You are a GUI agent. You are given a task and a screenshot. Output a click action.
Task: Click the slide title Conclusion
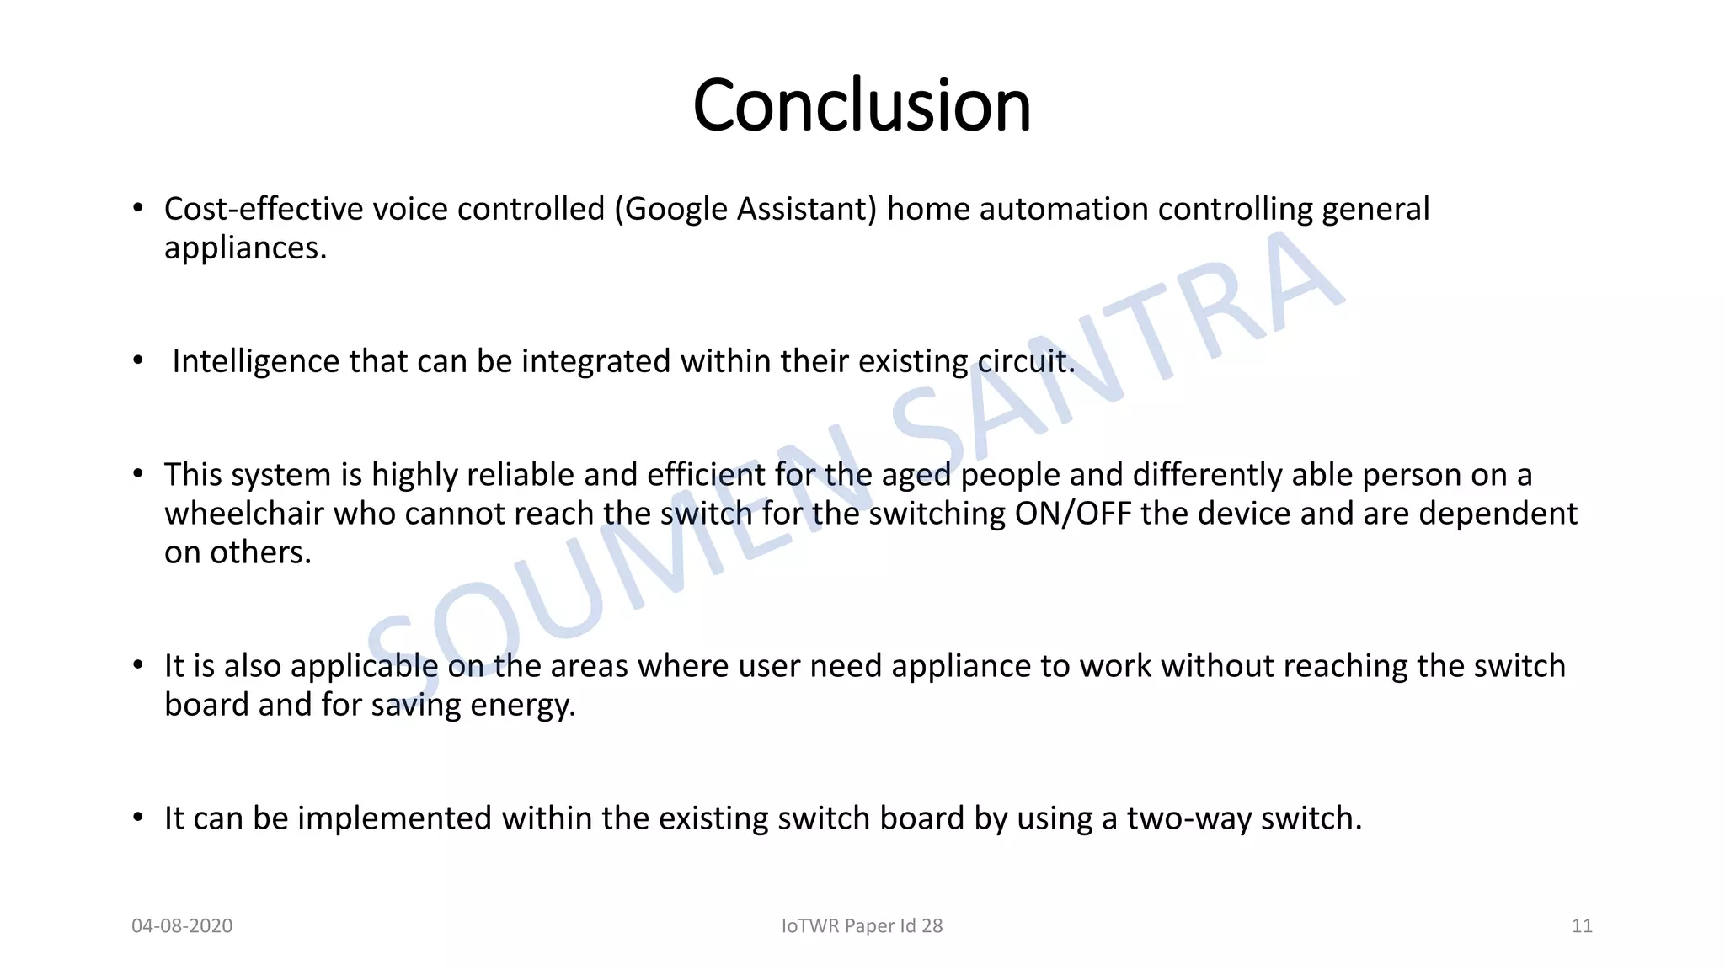862,105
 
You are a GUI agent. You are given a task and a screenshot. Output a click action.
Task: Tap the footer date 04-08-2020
182,925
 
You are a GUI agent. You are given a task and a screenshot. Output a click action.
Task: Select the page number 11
1582,925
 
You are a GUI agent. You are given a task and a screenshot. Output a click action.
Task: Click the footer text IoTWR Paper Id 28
862,925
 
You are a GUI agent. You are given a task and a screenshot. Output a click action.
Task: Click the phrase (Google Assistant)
745,209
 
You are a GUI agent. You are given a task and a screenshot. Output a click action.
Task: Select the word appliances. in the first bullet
245,248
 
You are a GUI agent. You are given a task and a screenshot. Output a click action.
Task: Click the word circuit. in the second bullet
1026,361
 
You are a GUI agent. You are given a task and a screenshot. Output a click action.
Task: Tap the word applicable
364,666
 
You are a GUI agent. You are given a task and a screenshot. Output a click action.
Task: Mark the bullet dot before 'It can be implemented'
138,817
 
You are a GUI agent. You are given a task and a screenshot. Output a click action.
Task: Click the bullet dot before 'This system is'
138,473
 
